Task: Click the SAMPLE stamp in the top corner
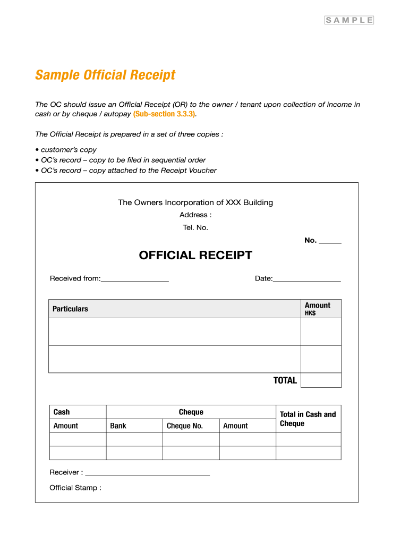(x=349, y=20)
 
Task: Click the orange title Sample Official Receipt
(x=105, y=75)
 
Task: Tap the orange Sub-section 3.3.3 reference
(x=164, y=114)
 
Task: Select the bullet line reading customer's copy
(x=69, y=150)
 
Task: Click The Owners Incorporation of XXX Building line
(x=195, y=202)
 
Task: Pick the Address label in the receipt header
(x=195, y=215)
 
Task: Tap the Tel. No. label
(x=195, y=227)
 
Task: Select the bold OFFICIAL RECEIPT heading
(x=195, y=256)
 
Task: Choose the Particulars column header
(x=71, y=309)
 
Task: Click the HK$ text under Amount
(x=310, y=313)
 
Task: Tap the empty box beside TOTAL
(x=321, y=380)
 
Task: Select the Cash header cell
(x=62, y=412)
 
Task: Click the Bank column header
(x=118, y=426)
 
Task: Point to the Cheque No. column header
(x=185, y=426)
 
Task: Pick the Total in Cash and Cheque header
(x=308, y=419)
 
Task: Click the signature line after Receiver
(x=148, y=473)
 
